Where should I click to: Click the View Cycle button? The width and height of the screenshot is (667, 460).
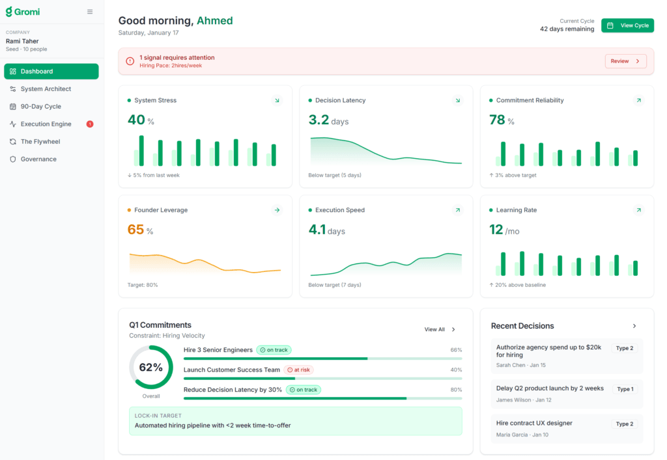click(x=627, y=25)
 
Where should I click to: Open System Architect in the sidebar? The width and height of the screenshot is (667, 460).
click(x=46, y=89)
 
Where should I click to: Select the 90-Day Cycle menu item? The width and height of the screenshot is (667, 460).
click(x=40, y=107)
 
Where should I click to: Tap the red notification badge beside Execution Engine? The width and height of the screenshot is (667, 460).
click(x=90, y=124)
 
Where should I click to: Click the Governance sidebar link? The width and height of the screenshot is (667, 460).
click(x=38, y=159)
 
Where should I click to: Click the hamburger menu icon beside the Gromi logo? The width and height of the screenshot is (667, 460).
click(x=90, y=12)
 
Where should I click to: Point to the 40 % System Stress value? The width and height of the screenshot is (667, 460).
click(x=141, y=120)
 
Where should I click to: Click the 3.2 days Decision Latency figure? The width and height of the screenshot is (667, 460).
click(x=328, y=120)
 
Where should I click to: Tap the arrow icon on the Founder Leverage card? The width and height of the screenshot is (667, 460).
click(x=277, y=210)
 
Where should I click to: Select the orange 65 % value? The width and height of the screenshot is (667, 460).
click(x=140, y=230)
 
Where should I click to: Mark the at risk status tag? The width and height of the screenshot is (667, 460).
click(x=298, y=370)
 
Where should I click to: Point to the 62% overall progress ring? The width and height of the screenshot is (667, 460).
click(x=150, y=368)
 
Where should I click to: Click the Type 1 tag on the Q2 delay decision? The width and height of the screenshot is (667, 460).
click(x=625, y=389)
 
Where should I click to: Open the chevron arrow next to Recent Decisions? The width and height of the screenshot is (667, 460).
click(x=634, y=326)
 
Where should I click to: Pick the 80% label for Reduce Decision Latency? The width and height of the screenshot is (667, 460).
click(x=456, y=390)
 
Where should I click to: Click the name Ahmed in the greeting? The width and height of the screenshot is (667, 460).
click(x=214, y=21)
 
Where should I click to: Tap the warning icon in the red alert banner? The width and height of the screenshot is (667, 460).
click(x=130, y=61)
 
